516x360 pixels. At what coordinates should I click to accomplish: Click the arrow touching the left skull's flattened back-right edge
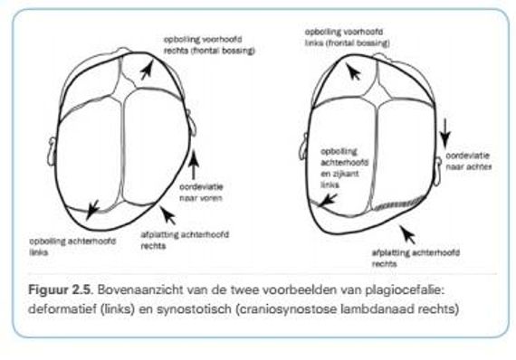tap(165, 215)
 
